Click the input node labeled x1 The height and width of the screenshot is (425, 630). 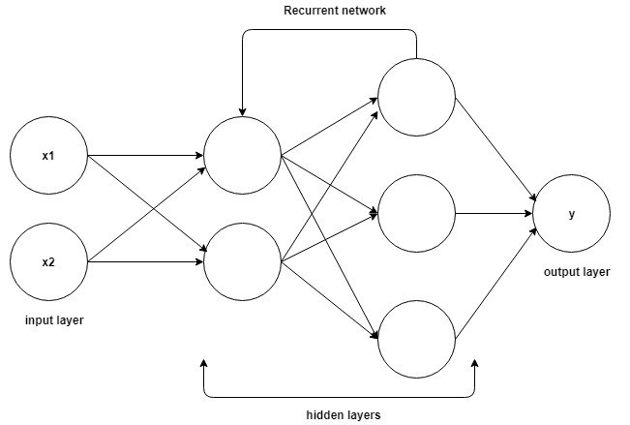point(47,155)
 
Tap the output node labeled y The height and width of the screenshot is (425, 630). point(571,214)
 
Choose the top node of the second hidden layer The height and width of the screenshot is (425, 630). point(416,97)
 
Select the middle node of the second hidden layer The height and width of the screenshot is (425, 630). point(416,213)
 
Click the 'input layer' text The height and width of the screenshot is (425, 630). point(47,319)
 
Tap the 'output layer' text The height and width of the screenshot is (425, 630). point(577,272)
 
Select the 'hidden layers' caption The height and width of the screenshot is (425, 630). point(343,414)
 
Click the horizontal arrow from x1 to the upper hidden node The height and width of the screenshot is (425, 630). point(145,155)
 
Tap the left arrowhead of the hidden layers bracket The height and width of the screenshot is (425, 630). point(204,366)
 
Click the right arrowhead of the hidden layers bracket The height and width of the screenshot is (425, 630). point(475,366)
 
